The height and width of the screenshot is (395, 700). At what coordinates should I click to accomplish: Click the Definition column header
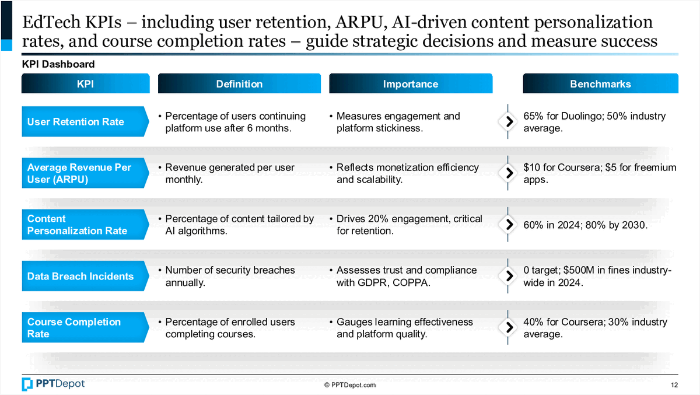[239, 83]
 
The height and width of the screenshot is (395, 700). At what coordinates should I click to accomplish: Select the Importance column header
[411, 83]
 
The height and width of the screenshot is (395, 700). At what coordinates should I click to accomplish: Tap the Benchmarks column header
[601, 83]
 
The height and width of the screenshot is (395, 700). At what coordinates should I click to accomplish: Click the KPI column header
[85, 83]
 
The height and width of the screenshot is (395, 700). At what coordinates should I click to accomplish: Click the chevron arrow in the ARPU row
[509, 173]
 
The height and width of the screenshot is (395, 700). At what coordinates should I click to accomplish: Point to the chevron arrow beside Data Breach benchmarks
[509, 276]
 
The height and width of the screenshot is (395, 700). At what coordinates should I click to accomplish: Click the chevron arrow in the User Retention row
[509, 121]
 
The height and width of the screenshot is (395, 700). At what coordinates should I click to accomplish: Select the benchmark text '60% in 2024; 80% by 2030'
[585, 225]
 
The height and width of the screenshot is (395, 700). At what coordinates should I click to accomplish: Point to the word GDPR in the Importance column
[372, 282]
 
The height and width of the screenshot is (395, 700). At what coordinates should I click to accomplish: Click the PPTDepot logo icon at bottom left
[27, 384]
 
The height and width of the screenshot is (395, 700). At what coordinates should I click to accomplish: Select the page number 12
[674, 385]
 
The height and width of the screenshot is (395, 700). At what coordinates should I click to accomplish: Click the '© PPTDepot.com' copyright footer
[350, 385]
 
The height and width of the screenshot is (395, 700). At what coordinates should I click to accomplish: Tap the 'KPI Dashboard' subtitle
[58, 64]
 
